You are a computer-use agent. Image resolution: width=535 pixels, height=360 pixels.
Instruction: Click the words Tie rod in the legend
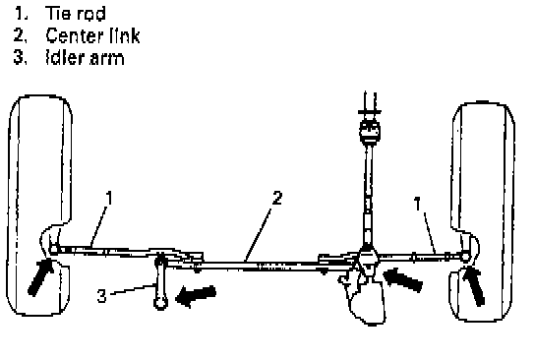pyautogui.click(x=76, y=14)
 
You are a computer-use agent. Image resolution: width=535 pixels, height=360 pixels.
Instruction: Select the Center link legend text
pyautogui.click(x=92, y=35)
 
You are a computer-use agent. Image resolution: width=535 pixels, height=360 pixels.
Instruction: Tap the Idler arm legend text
pyautogui.click(x=85, y=57)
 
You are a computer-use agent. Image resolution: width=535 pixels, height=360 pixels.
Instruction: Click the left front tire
pyautogui.click(x=40, y=205)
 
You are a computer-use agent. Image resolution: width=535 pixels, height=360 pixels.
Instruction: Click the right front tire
pyautogui.click(x=482, y=210)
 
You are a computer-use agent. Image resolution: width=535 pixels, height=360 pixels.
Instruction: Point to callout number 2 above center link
pyautogui.click(x=277, y=198)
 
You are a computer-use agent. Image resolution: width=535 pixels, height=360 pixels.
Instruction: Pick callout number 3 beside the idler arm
pyautogui.click(x=102, y=295)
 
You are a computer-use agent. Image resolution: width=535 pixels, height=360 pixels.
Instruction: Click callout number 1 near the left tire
pyautogui.click(x=109, y=198)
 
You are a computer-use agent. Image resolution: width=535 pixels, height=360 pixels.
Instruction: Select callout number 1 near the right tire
pyautogui.click(x=418, y=204)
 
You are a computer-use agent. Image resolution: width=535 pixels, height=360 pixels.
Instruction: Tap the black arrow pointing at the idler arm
pyautogui.click(x=196, y=296)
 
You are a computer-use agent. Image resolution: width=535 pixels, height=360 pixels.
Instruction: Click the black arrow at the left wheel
pyautogui.click(x=40, y=276)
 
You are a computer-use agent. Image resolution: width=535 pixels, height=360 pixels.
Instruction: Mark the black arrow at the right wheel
pyautogui.click(x=474, y=286)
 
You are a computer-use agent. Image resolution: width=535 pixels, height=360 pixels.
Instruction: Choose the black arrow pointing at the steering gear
pyautogui.click(x=403, y=279)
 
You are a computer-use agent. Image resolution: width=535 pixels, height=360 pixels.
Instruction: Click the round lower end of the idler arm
pyautogui.click(x=160, y=303)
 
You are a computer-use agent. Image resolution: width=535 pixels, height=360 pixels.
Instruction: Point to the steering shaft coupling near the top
pyautogui.click(x=370, y=132)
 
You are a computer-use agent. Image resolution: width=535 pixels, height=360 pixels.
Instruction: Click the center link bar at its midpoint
pyautogui.click(x=260, y=266)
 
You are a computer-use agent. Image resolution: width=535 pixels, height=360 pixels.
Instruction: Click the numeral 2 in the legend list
pyautogui.click(x=20, y=35)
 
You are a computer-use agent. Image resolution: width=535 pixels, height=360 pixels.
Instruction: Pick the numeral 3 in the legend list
pyautogui.click(x=19, y=57)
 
